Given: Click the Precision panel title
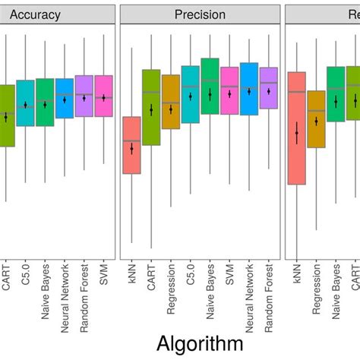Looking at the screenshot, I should coord(200,14).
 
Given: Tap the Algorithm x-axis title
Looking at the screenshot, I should coord(200,343).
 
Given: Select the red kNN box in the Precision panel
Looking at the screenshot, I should coord(131,145).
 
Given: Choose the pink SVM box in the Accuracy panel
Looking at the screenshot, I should coord(103,96).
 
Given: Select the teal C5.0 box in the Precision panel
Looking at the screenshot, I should coord(191,94).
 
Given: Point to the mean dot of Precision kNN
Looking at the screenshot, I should coord(131,149).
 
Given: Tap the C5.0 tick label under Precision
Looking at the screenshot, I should coord(191,273).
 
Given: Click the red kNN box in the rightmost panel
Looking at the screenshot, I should coord(297,128).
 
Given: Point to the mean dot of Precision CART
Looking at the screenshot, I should coord(151,109).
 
